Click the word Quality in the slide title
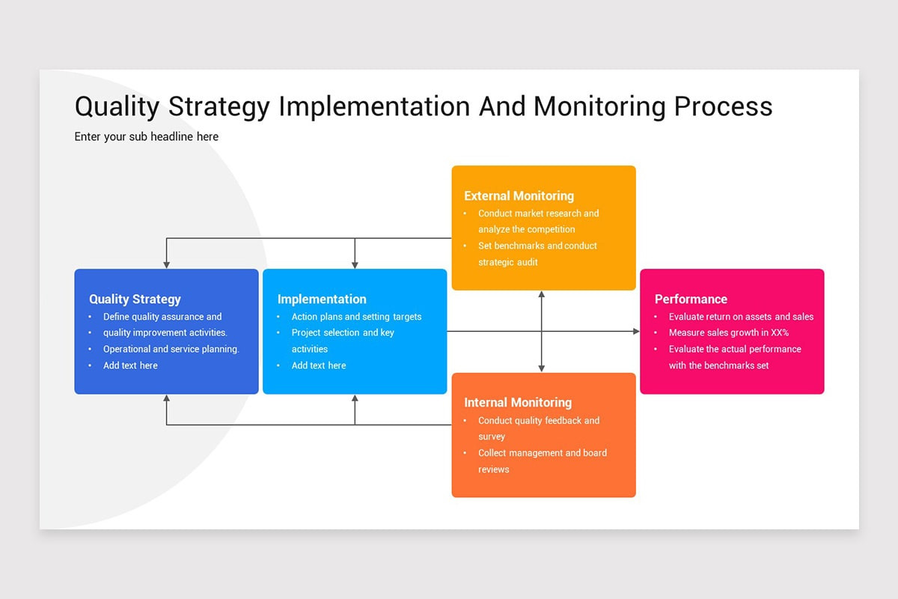[x=117, y=106]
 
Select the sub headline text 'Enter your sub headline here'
[x=147, y=136]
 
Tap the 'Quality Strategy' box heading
[x=135, y=299]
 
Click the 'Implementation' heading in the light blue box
[x=322, y=299]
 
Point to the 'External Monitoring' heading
[x=519, y=195]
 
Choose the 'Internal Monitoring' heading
[x=518, y=402]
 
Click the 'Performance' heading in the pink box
[x=691, y=299]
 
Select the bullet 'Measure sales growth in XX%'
[x=728, y=332]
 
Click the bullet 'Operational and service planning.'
[x=171, y=349]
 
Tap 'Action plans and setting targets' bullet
[x=356, y=317]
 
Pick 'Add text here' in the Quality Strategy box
[x=130, y=365]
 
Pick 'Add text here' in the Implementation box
[x=319, y=365]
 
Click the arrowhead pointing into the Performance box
[x=635, y=331]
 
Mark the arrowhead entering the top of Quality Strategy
[x=166, y=264]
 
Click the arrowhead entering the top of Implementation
[x=355, y=264]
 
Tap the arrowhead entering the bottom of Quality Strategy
[x=166, y=399]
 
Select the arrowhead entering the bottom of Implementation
[x=355, y=399]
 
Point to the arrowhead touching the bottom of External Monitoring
[x=541, y=295]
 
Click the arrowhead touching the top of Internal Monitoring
[x=541, y=368]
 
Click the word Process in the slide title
[x=723, y=106]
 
